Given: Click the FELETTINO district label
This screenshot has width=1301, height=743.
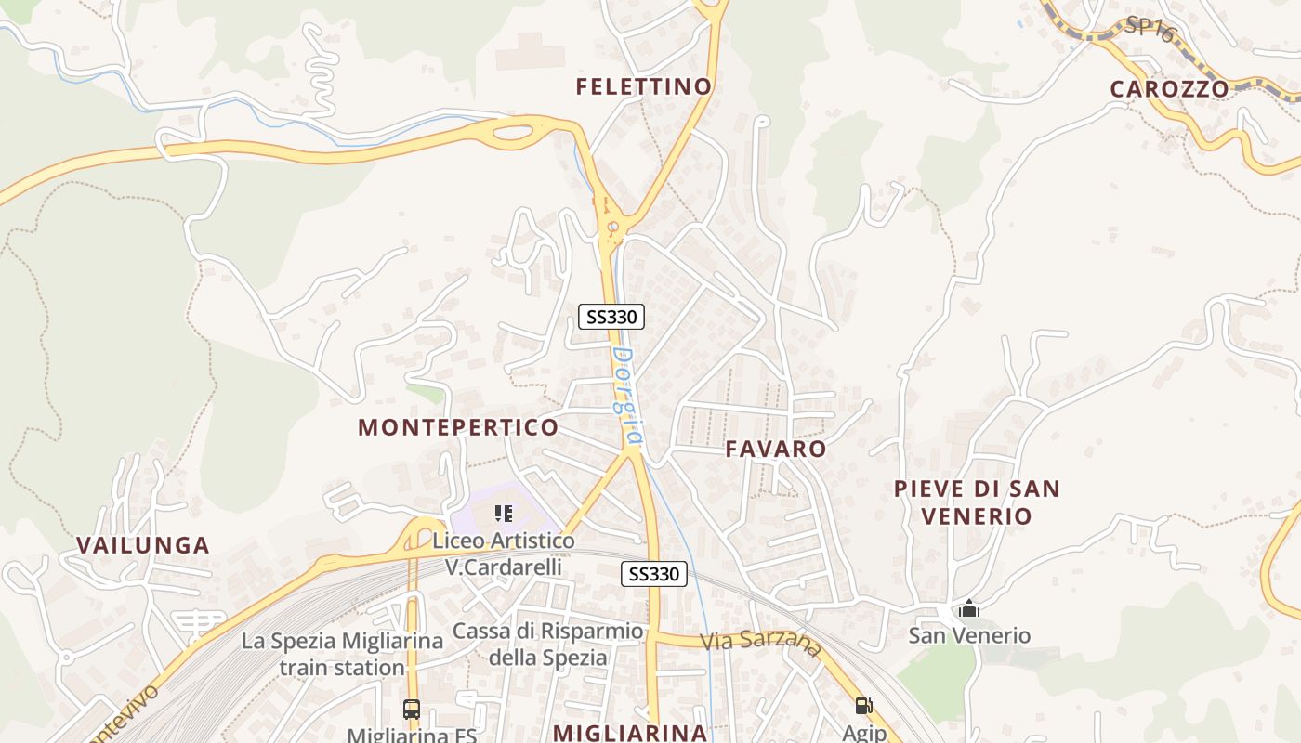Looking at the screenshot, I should tap(643, 86).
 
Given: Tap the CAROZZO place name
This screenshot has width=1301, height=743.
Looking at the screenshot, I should tap(1169, 88).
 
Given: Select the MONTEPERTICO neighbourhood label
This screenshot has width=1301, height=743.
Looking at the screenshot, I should tap(458, 427).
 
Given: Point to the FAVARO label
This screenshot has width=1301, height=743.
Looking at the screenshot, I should tap(775, 449).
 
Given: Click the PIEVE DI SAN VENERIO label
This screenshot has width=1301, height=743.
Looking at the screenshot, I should tap(976, 502).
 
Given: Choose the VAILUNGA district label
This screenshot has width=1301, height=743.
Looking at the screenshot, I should tap(143, 545).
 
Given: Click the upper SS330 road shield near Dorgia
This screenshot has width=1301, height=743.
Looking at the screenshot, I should tap(611, 317).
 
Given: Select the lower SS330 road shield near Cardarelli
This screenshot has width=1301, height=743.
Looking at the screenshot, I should tap(653, 574).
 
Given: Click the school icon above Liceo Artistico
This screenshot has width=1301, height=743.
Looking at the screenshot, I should tap(504, 514).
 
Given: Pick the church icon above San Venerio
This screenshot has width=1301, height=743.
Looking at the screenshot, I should tap(969, 609).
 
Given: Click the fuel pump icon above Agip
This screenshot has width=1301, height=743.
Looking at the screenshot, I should tap(863, 706).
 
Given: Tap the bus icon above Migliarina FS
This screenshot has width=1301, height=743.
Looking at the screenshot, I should tap(412, 710).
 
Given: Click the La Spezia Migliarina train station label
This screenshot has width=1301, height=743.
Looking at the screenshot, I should tap(342, 654).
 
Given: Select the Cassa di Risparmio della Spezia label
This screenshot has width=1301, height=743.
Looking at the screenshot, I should tap(547, 644).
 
